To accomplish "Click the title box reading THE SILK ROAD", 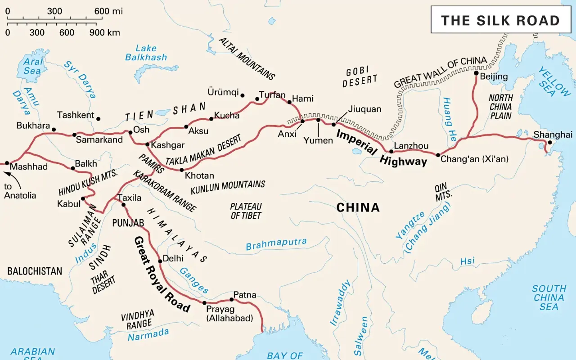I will point(500,20).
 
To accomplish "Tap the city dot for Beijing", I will point(476,72).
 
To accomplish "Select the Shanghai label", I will point(553,135).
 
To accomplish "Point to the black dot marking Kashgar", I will point(147,144).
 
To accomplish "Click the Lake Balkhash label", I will point(146,53).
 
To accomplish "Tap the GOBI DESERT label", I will point(360,76).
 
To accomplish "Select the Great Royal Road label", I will point(162,274).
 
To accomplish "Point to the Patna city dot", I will point(232,299).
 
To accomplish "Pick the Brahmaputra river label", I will point(276,244).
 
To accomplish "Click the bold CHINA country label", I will point(358,207).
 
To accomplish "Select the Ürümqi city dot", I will point(243,95).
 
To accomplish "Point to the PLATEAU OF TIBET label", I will point(246,211).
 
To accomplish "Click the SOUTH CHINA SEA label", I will point(549,297).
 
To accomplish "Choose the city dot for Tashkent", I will point(99,119).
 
